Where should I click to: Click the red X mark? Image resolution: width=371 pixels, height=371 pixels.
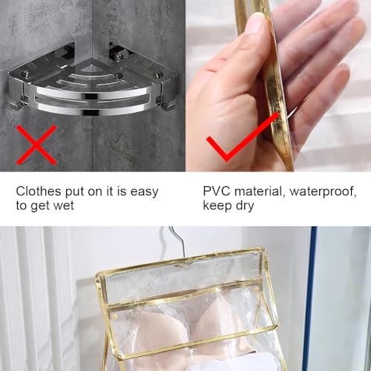pyautogui.click(x=36, y=145)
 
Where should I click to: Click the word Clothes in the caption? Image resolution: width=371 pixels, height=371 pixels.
pyautogui.click(x=39, y=191)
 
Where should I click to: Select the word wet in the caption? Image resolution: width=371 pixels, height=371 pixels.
pyautogui.click(x=64, y=206)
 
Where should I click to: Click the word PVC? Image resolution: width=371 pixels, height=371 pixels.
pyautogui.click(x=217, y=191)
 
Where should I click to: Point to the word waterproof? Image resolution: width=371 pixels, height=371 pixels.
pyautogui.click(x=323, y=192)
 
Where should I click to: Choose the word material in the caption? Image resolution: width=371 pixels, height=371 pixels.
pyautogui.click(x=258, y=191)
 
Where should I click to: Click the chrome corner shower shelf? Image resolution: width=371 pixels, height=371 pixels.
pyautogui.click(x=91, y=82)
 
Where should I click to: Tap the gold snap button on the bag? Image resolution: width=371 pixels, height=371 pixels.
pyautogui.click(x=114, y=316)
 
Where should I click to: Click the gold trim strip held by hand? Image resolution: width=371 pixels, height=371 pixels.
pyautogui.click(x=269, y=84)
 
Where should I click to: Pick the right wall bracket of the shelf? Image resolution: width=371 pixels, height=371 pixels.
pyautogui.click(x=121, y=53)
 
